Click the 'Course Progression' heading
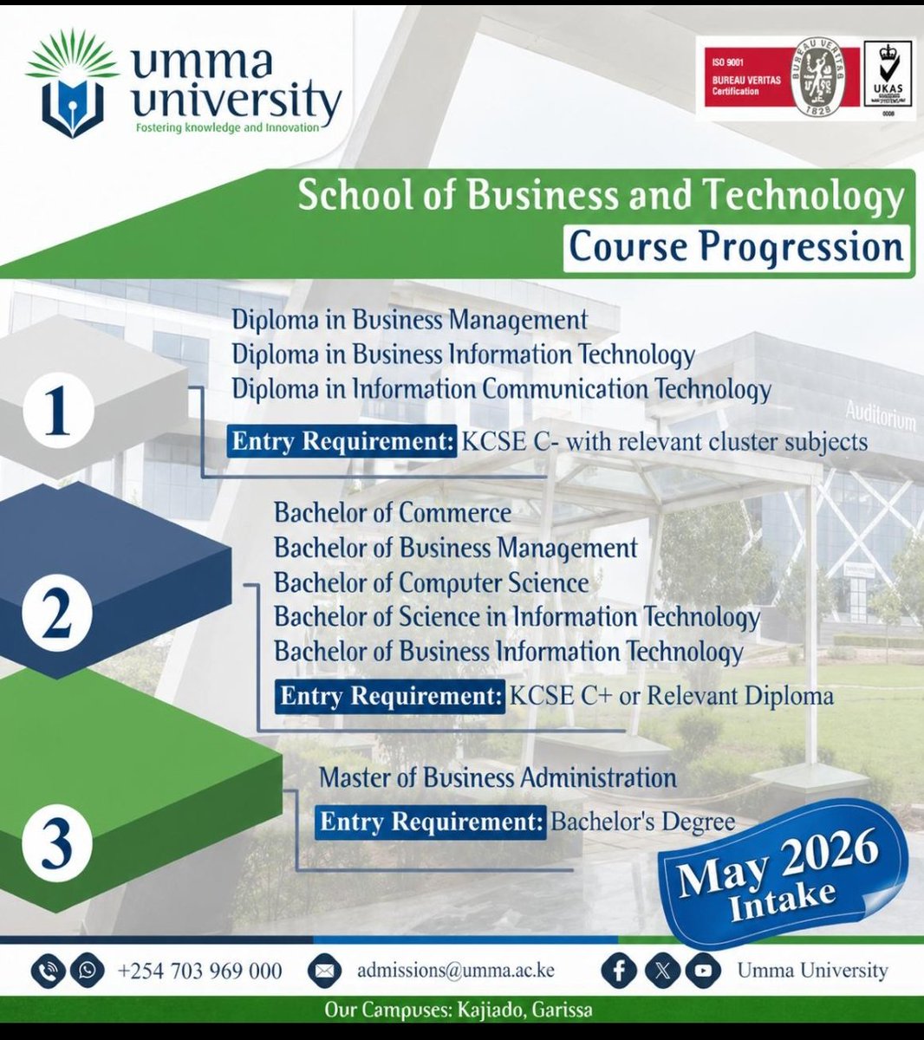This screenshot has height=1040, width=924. (x=736, y=248)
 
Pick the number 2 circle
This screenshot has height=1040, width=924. (x=56, y=617)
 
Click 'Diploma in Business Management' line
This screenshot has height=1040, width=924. (x=409, y=320)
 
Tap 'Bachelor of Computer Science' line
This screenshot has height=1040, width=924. (x=431, y=582)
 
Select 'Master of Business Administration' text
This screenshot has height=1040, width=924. (x=498, y=777)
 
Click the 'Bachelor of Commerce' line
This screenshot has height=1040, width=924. (x=393, y=512)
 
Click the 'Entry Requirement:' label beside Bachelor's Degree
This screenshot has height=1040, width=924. (x=431, y=821)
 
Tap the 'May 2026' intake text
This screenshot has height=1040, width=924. (x=778, y=861)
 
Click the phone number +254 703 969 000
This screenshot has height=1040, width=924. (x=199, y=971)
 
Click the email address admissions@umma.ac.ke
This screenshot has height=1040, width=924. (x=455, y=971)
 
